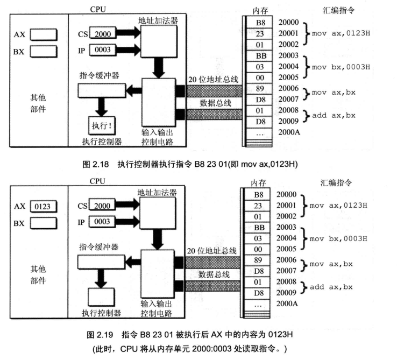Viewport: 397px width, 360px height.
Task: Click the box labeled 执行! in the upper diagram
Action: tap(102, 127)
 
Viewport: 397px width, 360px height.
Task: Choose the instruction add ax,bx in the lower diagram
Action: tap(332, 287)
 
